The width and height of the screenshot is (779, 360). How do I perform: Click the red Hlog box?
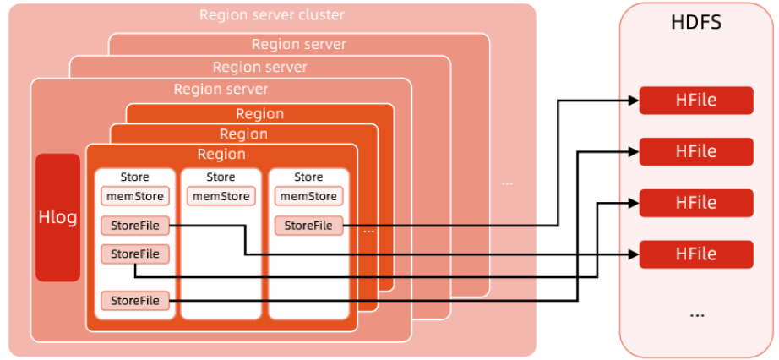tap(57, 217)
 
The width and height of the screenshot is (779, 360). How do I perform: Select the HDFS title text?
tap(695, 23)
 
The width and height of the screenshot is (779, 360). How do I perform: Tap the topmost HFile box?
tap(695, 101)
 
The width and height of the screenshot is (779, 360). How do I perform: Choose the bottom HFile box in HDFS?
tap(695, 254)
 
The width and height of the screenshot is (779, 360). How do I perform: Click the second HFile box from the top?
tap(695, 151)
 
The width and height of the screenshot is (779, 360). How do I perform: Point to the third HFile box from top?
tap(695, 203)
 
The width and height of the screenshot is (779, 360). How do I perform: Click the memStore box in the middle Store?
tap(221, 196)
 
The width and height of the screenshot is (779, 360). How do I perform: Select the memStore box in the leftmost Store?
tap(135, 196)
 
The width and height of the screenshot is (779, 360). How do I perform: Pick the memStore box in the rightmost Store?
tap(308, 196)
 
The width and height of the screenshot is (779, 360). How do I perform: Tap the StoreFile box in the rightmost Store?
tap(308, 226)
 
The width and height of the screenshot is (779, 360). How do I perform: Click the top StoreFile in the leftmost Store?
tap(135, 226)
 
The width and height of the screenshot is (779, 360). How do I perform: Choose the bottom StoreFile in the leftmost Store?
tap(135, 299)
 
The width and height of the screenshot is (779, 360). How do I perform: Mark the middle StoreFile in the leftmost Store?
tap(135, 254)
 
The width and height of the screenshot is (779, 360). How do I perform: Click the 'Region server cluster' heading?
tap(272, 15)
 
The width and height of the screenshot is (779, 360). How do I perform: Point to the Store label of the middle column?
tap(221, 177)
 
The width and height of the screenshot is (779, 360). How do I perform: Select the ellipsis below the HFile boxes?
tap(696, 314)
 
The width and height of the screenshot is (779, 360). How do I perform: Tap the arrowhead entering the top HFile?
tap(634, 101)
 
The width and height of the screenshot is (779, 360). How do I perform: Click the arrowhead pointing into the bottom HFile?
tap(634, 254)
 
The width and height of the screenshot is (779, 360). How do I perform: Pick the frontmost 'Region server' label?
tap(221, 89)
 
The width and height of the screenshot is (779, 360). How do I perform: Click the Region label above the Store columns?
tap(221, 155)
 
